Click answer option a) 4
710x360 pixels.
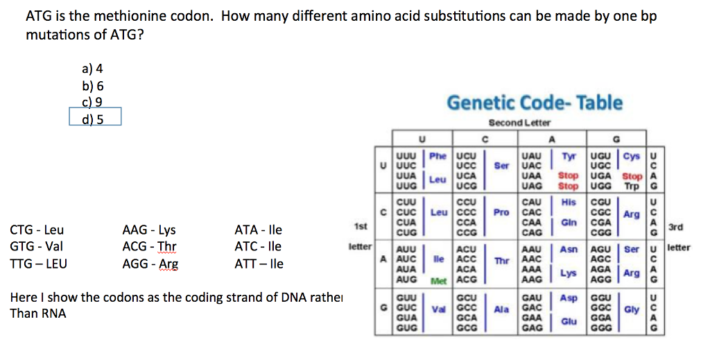[x=92, y=69]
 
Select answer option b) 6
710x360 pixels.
[x=92, y=85]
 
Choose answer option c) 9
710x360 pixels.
[x=92, y=101]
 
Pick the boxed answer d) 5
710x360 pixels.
[x=93, y=117]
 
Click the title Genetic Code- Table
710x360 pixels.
[x=535, y=103]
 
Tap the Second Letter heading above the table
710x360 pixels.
[x=519, y=123]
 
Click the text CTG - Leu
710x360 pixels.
[x=37, y=230]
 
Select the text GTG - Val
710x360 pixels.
[x=37, y=246]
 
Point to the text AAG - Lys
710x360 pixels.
[x=148, y=230]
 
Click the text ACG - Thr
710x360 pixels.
[x=149, y=246]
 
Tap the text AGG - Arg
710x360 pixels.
[x=150, y=264]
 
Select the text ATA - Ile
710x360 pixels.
[x=259, y=230]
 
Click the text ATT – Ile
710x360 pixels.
[x=259, y=264]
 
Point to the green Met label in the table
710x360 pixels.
[x=438, y=280]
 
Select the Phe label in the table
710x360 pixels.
[x=438, y=156]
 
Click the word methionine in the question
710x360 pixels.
[x=114, y=16]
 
